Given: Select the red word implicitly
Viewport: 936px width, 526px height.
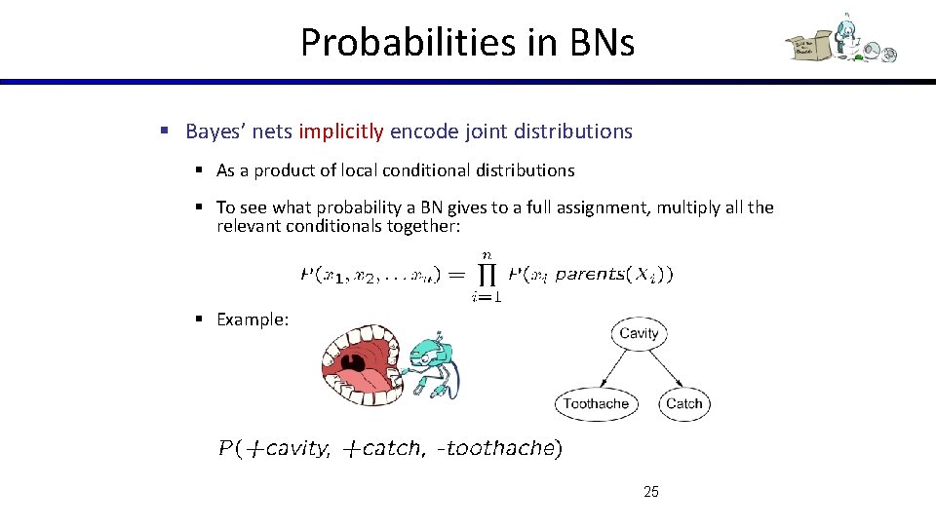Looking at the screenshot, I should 342,131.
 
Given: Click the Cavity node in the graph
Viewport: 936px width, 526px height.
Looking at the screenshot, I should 639,333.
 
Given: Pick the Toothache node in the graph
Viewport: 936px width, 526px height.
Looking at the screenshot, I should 596,403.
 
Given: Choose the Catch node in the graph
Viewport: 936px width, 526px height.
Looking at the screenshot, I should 683,403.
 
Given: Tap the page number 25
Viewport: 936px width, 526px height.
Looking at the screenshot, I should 651,492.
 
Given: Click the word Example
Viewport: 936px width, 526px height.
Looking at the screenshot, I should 252,319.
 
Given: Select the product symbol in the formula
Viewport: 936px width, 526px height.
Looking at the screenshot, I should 485,274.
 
